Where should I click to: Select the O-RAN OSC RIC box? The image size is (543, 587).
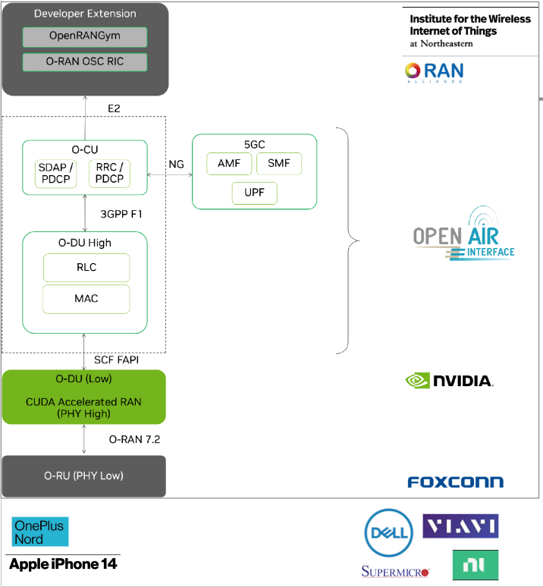(x=83, y=61)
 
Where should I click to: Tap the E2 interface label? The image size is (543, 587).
(x=114, y=108)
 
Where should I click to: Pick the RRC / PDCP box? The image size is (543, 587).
(x=109, y=173)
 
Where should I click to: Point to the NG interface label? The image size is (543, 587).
(x=176, y=164)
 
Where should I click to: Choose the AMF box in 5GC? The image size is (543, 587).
(x=230, y=163)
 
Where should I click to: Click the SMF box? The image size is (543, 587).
(x=278, y=163)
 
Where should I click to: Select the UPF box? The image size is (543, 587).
(x=254, y=193)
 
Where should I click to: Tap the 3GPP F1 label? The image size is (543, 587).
(x=121, y=214)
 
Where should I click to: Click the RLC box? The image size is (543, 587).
(x=86, y=267)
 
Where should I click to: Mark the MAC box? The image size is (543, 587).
(x=86, y=298)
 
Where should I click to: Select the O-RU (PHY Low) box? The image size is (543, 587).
(x=83, y=476)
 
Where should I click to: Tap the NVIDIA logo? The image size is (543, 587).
(x=449, y=380)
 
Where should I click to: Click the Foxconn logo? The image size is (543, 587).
(x=455, y=482)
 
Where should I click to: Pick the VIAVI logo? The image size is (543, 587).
(x=460, y=526)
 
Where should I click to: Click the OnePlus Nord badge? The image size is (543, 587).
(x=40, y=532)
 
